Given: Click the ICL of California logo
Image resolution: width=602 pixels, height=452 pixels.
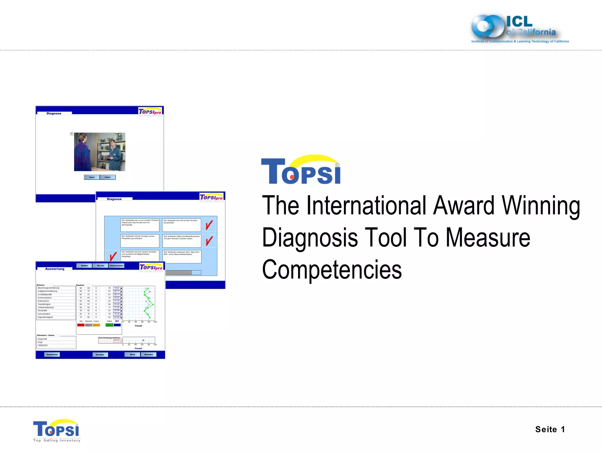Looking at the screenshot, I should pyautogui.click(x=519, y=29).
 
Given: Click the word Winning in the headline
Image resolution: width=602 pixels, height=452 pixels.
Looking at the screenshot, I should pyautogui.click(x=541, y=206).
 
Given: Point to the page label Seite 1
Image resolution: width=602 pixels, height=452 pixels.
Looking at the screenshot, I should pyautogui.click(x=550, y=429).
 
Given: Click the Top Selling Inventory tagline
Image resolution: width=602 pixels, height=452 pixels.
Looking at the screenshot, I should pyautogui.click(x=57, y=441).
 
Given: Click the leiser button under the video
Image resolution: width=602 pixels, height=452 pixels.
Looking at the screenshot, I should pyautogui.click(x=92, y=177).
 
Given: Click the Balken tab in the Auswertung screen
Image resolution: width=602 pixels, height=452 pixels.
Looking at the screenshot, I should pyautogui.click(x=84, y=265).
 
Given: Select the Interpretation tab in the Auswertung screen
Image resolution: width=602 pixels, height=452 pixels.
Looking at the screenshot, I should pyautogui.click(x=116, y=265).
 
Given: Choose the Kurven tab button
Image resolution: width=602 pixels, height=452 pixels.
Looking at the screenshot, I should pyautogui.click(x=101, y=265).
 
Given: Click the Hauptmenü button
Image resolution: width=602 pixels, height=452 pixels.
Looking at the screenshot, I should pyautogui.click(x=52, y=355).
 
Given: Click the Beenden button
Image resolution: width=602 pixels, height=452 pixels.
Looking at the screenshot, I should pyautogui.click(x=148, y=355).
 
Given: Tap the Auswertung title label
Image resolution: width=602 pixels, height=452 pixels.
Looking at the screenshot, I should pyautogui.click(x=55, y=269).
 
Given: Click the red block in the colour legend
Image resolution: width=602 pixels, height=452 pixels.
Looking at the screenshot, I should pyautogui.click(x=81, y=325).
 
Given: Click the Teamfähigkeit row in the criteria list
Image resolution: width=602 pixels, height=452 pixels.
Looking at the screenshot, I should pyautogui.click(x=44, y=304).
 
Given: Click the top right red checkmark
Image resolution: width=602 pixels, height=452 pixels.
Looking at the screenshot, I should pyautogui.click(x=209, y=225).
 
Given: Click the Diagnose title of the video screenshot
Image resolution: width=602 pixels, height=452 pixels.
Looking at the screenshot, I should pyautogui.click(x=54, y=113).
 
